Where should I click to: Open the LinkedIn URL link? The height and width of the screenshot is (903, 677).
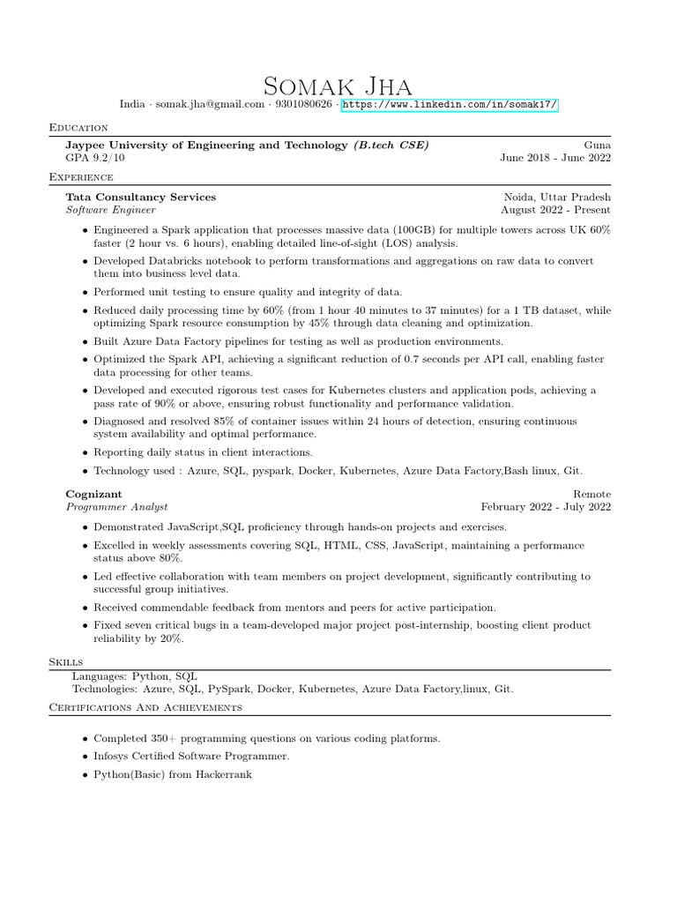tap(450, 105)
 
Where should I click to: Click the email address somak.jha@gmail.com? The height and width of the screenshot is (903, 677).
tap(210, 105)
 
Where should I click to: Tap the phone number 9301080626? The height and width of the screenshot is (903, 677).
tap(303, 105)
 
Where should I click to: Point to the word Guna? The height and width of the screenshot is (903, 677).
tap(597, 145)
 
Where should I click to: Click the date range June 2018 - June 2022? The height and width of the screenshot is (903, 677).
tap(555, 158)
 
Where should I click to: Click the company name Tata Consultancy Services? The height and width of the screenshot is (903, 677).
tap(141, 197)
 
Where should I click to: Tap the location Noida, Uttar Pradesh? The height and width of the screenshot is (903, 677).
tap(557, 197)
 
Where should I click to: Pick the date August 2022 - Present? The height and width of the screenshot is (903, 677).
tap(555, 210)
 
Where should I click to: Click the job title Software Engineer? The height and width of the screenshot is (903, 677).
tap(111, 210)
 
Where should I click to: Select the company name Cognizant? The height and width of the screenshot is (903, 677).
tap(94, 494)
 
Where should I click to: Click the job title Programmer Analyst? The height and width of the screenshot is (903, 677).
tap(116, 507)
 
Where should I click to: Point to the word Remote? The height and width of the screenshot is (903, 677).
tap(591, 494)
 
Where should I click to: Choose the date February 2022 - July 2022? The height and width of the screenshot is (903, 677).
tap(546, 507)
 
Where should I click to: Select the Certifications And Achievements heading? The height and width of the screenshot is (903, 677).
tap(145, 707)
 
